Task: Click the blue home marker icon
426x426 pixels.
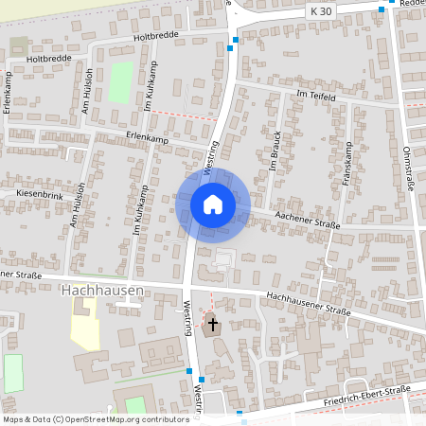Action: pos(212,204)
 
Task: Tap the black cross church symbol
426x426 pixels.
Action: pos(212,325)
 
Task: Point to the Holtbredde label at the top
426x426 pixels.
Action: pos(155,35)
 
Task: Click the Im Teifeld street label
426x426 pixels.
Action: pos(315,97)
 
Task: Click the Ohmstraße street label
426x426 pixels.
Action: pos(409,169)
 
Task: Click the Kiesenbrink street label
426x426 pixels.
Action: pos(39,192)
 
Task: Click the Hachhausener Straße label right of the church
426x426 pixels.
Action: pos(309,304)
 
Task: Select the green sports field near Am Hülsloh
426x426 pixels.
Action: pos(120,82)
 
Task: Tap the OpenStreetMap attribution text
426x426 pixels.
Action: pos(95,418)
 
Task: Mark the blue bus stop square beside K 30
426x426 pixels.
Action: pos(381,9)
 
